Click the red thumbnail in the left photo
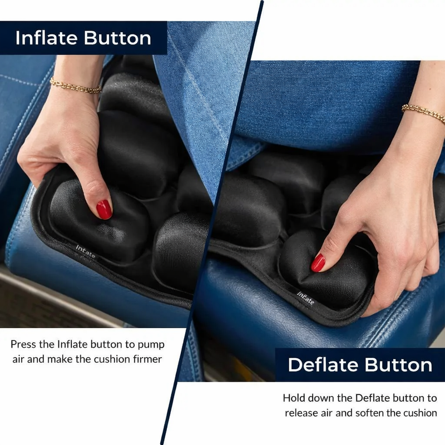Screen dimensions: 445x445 pyautogui.click(x=104, y=209)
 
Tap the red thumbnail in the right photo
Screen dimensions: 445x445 pyautogui.click(x=318, y=263)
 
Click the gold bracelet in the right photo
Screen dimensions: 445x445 pyautogui.click(x=424, y=111)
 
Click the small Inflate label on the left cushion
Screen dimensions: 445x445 pyautogui.click(x=86, y=252)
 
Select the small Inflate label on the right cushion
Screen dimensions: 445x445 pyautogui.click(x=305, y=299)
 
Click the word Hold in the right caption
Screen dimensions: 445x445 pyautogui.click(x=294, y=398)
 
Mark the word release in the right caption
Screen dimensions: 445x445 pyautogui.click(x=301, y=413)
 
